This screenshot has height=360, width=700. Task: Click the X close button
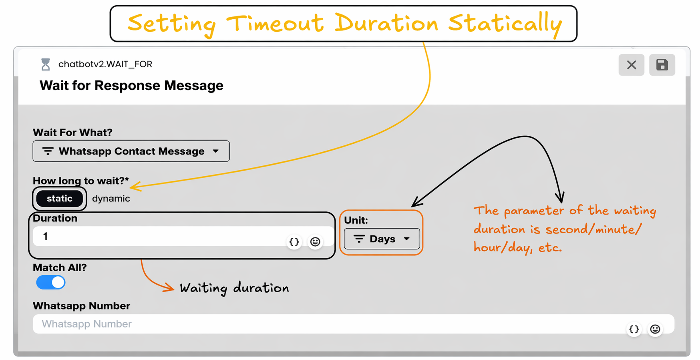(631, 65)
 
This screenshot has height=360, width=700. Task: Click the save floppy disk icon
(662, 65)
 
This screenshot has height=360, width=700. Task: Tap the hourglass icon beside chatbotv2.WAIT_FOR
(46, 64)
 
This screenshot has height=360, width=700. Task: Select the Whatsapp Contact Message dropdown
(131, 151)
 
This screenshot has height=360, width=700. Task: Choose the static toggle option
(60, 199)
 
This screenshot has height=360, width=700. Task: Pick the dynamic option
(111, 199)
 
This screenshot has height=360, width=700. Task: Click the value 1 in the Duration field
(46, 236)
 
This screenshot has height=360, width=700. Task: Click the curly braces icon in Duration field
(294, 242)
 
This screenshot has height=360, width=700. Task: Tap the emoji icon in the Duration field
(315, 242)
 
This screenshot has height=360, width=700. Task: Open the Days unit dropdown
(382, 239)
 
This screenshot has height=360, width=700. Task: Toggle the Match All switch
(51, 282)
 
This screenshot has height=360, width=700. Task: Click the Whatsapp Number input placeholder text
(86, 324)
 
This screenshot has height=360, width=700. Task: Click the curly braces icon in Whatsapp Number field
(634, 329)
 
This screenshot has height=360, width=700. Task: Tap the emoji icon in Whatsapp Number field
(655, 329)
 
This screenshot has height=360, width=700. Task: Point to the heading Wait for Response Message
(131, 86)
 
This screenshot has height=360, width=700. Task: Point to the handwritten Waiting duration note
(234, 288)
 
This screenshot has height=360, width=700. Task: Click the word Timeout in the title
(275, 23)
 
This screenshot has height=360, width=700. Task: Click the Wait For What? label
(72, 133)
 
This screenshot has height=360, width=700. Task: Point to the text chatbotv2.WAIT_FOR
(105, 64)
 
